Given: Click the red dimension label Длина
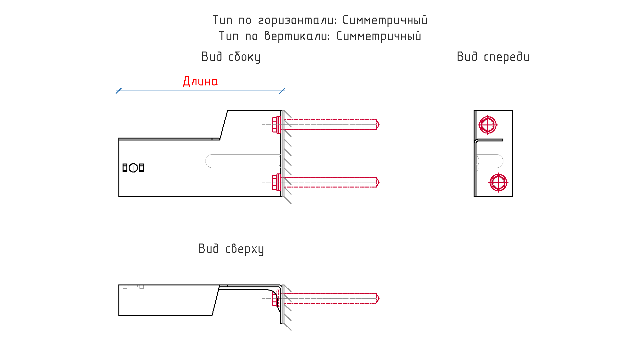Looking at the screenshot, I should (200, 81).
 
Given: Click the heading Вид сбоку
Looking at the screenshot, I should (231, 57).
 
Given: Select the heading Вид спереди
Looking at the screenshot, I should (493, 57).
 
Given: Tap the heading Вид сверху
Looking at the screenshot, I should (231, 249).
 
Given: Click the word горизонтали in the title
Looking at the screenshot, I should (297, 20).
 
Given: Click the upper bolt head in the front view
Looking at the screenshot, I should (488, 125).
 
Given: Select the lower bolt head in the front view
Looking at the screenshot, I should (498, 182).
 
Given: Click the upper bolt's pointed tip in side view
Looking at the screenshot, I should (378, 124).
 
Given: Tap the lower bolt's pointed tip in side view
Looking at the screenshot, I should (378, 182).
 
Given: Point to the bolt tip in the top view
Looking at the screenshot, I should (378, 298).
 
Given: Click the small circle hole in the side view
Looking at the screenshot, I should (133, 168).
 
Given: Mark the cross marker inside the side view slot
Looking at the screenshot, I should (212, 161).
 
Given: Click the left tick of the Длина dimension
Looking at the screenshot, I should (119, 91).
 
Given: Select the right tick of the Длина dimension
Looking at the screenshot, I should (282, 91).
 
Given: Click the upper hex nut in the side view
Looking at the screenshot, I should (275, 124).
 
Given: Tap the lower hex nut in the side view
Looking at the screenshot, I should (275, 182).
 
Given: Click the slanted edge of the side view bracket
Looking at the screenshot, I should (224, 125).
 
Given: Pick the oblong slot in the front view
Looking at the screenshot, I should (490, 161).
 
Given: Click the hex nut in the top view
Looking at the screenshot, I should (274, 299).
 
